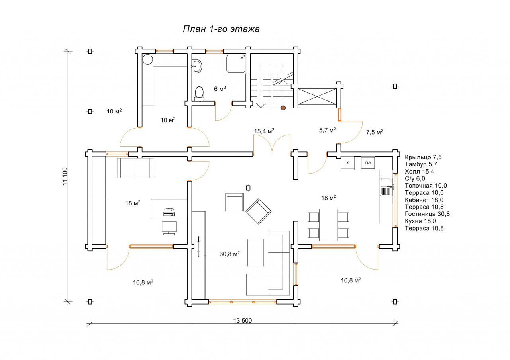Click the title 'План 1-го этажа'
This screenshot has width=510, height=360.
tap(221, 29)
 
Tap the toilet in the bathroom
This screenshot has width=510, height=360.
tap(199, 94)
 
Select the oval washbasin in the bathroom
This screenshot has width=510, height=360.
tap(196, 66)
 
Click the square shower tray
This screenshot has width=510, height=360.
tap(235, 64)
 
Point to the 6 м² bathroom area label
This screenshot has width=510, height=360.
tap(220, 88)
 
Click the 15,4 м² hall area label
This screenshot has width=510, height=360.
tap(264, 131)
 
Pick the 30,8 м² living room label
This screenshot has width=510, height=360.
tap(229, 254)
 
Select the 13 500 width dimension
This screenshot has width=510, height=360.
tap(243, 321)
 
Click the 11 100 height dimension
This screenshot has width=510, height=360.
tap(65, 176)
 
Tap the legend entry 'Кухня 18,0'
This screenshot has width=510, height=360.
tap(420, 221)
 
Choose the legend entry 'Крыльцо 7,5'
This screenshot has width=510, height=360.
tap(423, 157)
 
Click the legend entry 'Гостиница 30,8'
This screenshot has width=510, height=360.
tap(428, 214)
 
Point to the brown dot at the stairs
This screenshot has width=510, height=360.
tap(283, 108)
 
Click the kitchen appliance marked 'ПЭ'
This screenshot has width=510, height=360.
tap(368, 163)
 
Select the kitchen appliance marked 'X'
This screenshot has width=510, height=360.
tap(347, 163)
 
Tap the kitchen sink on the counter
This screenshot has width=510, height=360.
tap(386, 187)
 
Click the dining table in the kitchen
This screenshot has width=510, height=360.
tap(328, 225)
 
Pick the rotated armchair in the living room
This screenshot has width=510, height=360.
tap(259, 211)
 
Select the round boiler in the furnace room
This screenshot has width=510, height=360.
tap(147, 59)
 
